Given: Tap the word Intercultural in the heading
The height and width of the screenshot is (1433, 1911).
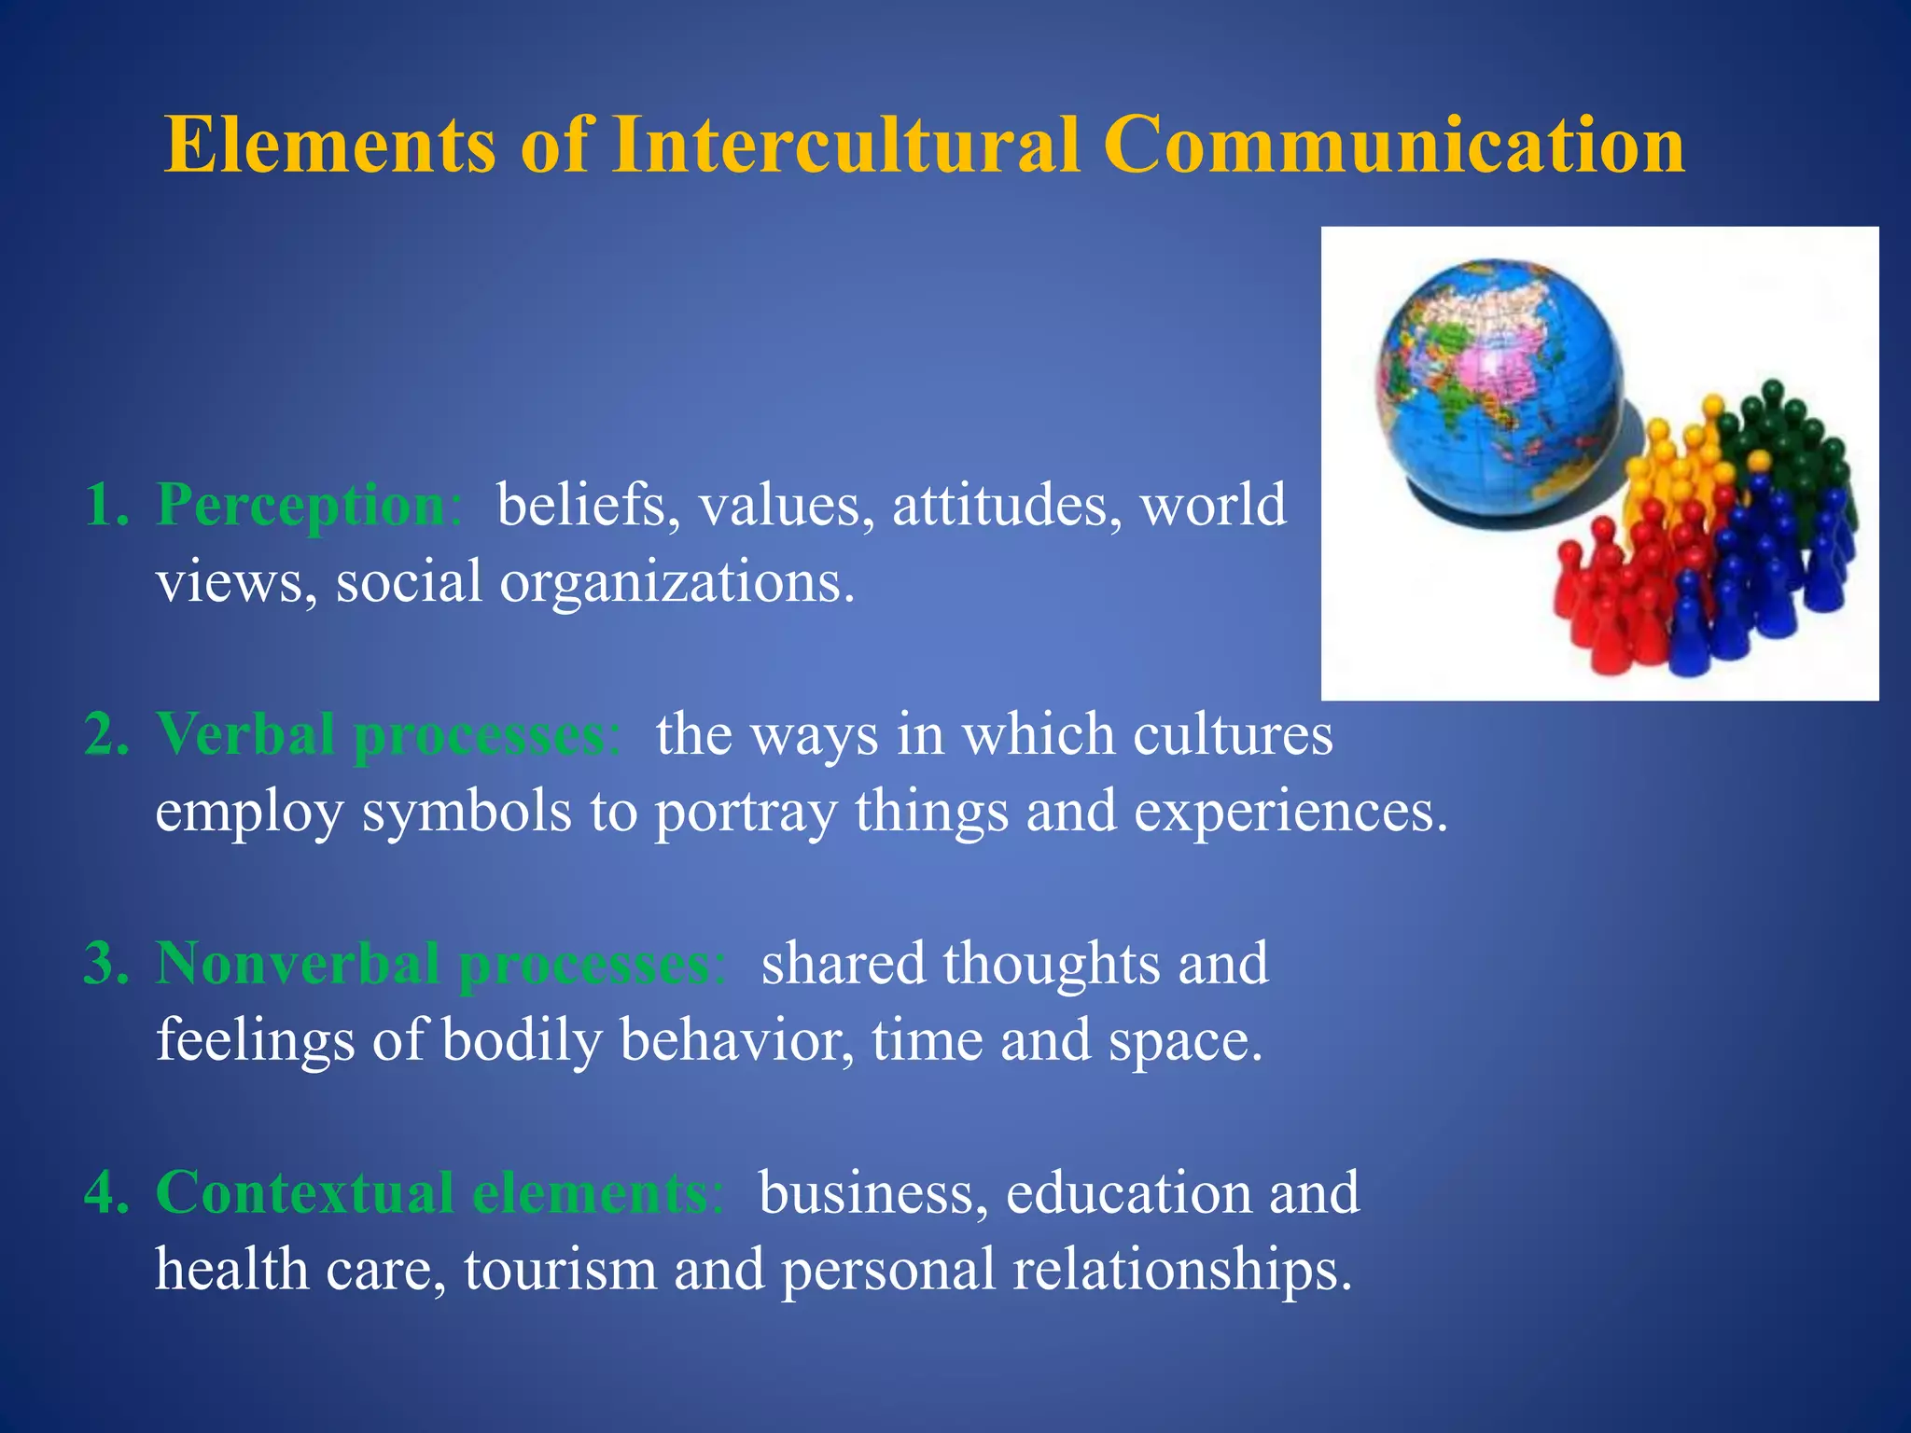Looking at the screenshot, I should (846, 146).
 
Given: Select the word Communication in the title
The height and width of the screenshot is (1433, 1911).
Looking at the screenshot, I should (1394, 146).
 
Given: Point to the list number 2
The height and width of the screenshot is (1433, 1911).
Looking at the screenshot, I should (105, 734).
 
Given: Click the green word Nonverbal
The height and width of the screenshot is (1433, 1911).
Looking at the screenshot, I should (298, 963).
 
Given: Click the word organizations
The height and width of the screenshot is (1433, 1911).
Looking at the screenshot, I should (677, 582).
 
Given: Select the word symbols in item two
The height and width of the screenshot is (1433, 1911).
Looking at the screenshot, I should (467, 812).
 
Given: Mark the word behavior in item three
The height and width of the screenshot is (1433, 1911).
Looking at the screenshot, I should (735, 1040).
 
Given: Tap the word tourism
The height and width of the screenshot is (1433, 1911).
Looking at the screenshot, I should (560, 1270).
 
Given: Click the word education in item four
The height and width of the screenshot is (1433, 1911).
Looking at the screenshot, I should (1128, 1192).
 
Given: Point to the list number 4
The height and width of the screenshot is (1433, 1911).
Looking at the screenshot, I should (105, 1192).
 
